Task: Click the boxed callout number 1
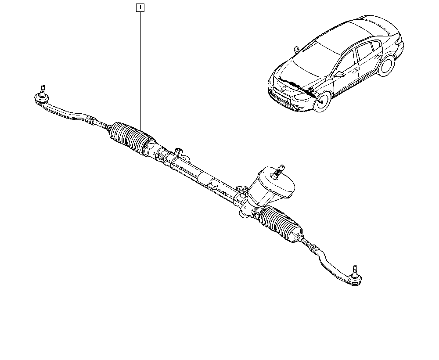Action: pyautogui.click(x=140, y=7)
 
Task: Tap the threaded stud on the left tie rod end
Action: pyautogui.click(x=43, y=90)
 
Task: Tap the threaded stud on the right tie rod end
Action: pyautogui.click(x=355, y=270)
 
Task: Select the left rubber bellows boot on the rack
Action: pyautogui.click(x=131, y=139)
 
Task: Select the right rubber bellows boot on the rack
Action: pyautogui.click(x=281, y=223)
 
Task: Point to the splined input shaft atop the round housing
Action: pyautogui.click(x=279, y=171)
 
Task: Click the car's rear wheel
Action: pyautogui.click(x=386, y=66)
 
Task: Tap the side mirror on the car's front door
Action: pyautogui.click(x=339, y=74)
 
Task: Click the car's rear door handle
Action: pyautogui.click(x=378, y=57)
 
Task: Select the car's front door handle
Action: pyautogui.click(x=356, y=71)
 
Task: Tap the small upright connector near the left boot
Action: pyautogui.click(x=178, y=153)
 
